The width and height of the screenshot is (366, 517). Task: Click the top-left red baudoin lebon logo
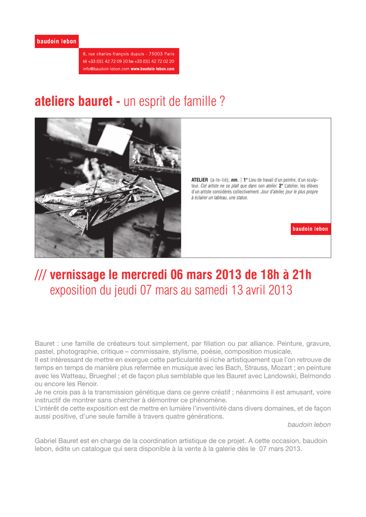coord(57,41)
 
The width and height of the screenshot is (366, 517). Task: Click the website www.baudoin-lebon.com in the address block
coord(152,69)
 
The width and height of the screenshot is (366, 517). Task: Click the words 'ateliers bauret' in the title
coord(73,101)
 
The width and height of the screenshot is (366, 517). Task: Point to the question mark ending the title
coord(222,101)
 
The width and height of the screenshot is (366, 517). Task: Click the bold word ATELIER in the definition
coord(199,180)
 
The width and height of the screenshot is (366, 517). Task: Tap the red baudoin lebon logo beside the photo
coord(310,229)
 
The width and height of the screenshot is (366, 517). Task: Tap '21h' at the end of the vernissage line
coord(301,275)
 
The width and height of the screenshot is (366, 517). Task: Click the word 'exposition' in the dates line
coord(74,291)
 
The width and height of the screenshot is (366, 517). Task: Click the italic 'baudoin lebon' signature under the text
coord(309,425)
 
